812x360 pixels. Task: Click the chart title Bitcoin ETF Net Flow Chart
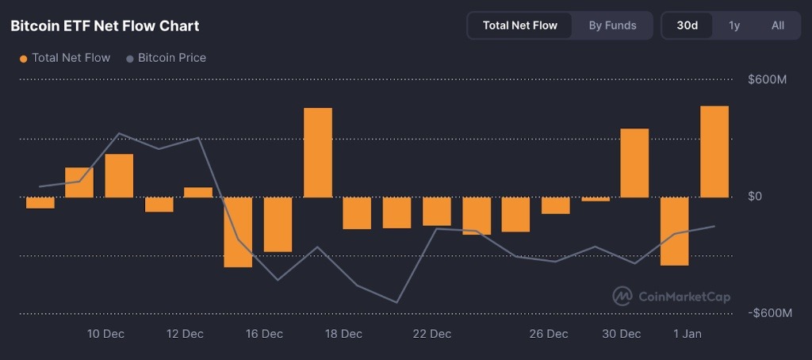point(105,26)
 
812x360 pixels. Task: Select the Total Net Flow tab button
point(519,25)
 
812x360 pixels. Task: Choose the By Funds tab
point(612,25)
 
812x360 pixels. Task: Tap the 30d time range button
point(687,25)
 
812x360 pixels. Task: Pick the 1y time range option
point(734,25)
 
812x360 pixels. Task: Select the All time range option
point(777,25)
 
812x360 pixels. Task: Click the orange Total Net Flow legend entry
point(65,58)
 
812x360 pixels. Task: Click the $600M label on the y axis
point(767,80)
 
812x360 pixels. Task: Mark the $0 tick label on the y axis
point(755,197)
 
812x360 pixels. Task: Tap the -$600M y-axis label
point(769,313)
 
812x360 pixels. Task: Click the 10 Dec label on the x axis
point(105,334)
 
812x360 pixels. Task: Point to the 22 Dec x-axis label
point(432,334)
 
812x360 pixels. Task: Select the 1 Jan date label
point(687,334)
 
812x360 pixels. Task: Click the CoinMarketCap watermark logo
point(671,297)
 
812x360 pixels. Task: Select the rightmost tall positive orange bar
point(714,151)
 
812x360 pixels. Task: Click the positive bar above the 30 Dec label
point(634,163)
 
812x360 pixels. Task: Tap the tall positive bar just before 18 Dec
point(318,152)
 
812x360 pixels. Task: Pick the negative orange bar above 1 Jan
point(675,231)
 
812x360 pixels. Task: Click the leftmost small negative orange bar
point(40,203)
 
